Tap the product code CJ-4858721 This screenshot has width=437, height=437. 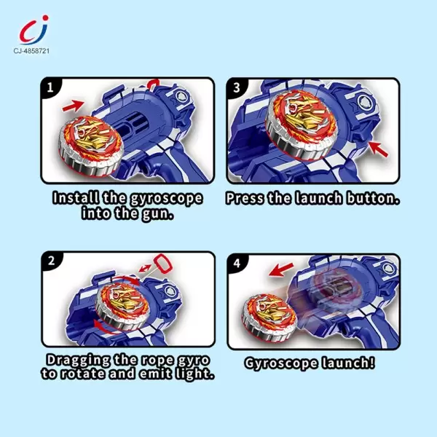(x=31, y=51)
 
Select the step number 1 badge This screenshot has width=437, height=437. (x=50, y=87)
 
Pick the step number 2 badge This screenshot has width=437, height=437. (x=51, y=261)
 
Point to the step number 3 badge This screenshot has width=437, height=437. (x=237, y=87)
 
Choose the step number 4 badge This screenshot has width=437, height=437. (x=237, y=263)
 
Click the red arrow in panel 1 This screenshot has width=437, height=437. (x=73, y=106)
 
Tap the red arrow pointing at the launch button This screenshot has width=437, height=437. (x=377, y=149)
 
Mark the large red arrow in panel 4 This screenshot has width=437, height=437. (x=281, y=269)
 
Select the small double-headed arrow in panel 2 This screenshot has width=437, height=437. (x=145, y=268)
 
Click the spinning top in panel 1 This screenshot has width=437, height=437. (x=91, y=146)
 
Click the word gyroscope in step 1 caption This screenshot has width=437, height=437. (x=166, y=198)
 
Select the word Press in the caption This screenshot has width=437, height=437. (x=245, y=198)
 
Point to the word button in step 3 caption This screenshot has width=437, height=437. (x=373, y=198)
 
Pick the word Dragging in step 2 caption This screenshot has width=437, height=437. (x=79, y=360)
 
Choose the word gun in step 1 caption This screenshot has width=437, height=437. (x=158, y=214)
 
